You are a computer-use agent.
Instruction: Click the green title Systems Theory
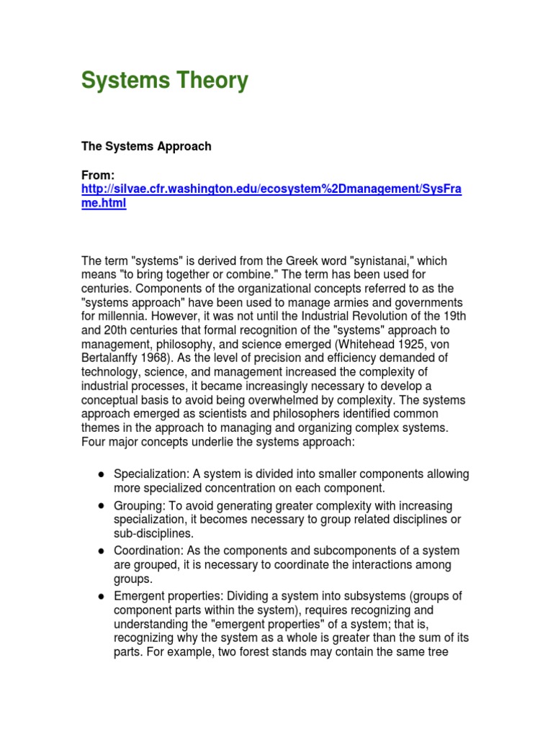(x=164, y=81)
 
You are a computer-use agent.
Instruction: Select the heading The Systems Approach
(x=146, y=146)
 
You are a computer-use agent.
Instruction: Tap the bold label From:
(x=98, y=175)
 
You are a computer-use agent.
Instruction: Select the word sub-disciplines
(x=153, y=533)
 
